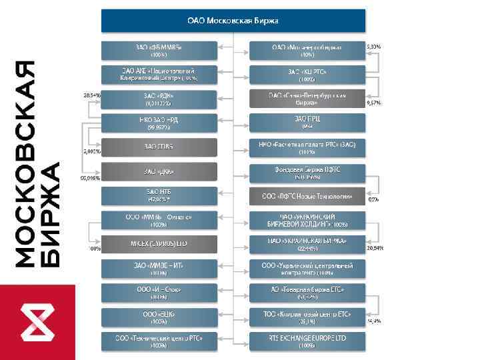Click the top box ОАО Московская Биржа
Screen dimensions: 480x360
coord(233,21)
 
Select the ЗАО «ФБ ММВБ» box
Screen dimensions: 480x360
coord(159,50)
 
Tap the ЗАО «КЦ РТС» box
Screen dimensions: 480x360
coord(307,74)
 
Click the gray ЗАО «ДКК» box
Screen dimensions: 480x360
coord(159,171)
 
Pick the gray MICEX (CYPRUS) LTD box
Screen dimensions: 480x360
coord(159,244)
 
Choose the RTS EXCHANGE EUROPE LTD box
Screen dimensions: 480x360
coord(307,341)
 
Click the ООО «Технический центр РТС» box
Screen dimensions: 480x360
coord(159,341)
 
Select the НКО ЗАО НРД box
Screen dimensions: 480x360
coord(159,123)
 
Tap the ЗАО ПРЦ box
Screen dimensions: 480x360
coord(307,123)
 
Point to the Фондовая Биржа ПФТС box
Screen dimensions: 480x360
coord(307,171)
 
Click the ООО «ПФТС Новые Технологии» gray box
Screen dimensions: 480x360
coord(307,196)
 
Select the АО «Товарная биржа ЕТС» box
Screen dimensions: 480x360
coord(307,293)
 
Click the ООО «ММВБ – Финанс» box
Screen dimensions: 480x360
coord(159,220)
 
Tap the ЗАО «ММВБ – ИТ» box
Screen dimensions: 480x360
coord(159,269)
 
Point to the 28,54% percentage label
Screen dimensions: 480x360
coord(92,95)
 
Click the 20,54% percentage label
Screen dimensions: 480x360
coord(375,247)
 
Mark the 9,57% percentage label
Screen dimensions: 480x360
coord(374,103)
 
